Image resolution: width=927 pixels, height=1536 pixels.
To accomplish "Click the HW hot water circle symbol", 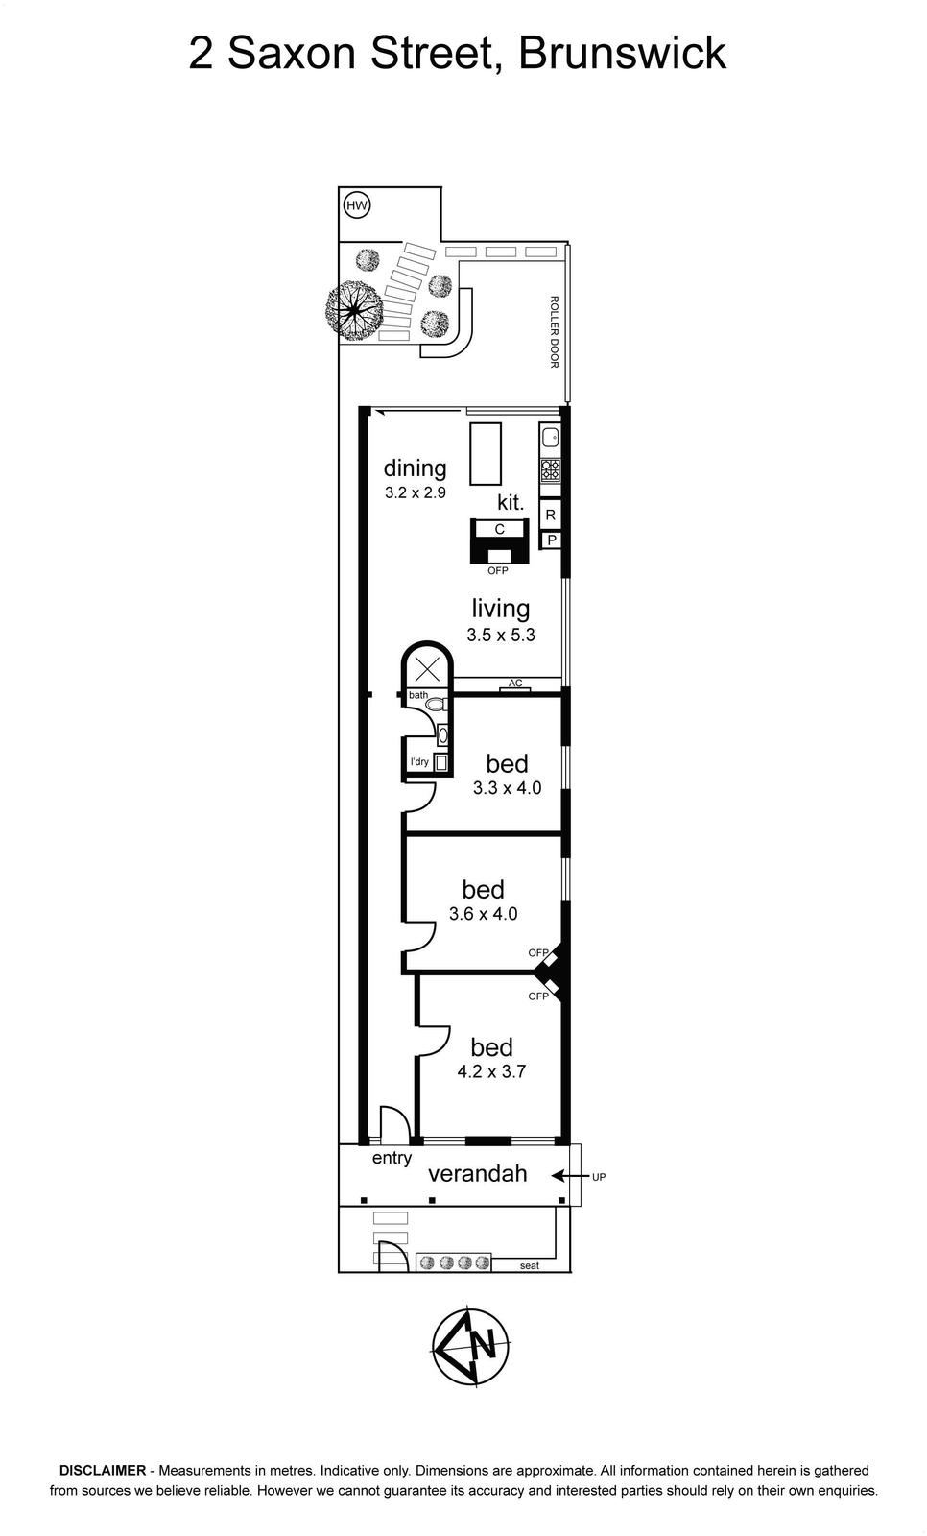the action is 357,205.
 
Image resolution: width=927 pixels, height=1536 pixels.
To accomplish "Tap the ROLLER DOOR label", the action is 554,332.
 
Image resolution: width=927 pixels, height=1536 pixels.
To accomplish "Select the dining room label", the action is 415,468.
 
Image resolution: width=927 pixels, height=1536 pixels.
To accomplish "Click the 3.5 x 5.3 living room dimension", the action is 501,635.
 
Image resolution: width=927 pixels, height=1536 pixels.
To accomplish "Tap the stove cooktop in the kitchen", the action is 550,469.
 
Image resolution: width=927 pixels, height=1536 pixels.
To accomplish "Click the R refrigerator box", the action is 551,515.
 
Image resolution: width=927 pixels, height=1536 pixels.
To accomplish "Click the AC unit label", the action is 515,683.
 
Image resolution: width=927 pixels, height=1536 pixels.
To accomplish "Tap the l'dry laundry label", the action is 419,762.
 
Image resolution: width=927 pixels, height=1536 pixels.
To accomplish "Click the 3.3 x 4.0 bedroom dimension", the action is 508,788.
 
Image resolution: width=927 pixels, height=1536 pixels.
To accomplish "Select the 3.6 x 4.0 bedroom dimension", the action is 484,913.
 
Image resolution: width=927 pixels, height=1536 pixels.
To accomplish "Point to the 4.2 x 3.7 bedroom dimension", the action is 491,1071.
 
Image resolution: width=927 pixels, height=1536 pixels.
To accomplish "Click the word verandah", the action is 478,1173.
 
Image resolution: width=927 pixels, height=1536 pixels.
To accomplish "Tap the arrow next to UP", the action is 568,1176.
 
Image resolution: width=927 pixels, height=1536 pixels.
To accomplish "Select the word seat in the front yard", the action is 530,1266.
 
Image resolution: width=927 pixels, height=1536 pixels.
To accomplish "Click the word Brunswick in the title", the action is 622,54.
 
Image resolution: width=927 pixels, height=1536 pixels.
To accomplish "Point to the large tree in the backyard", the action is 354,311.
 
